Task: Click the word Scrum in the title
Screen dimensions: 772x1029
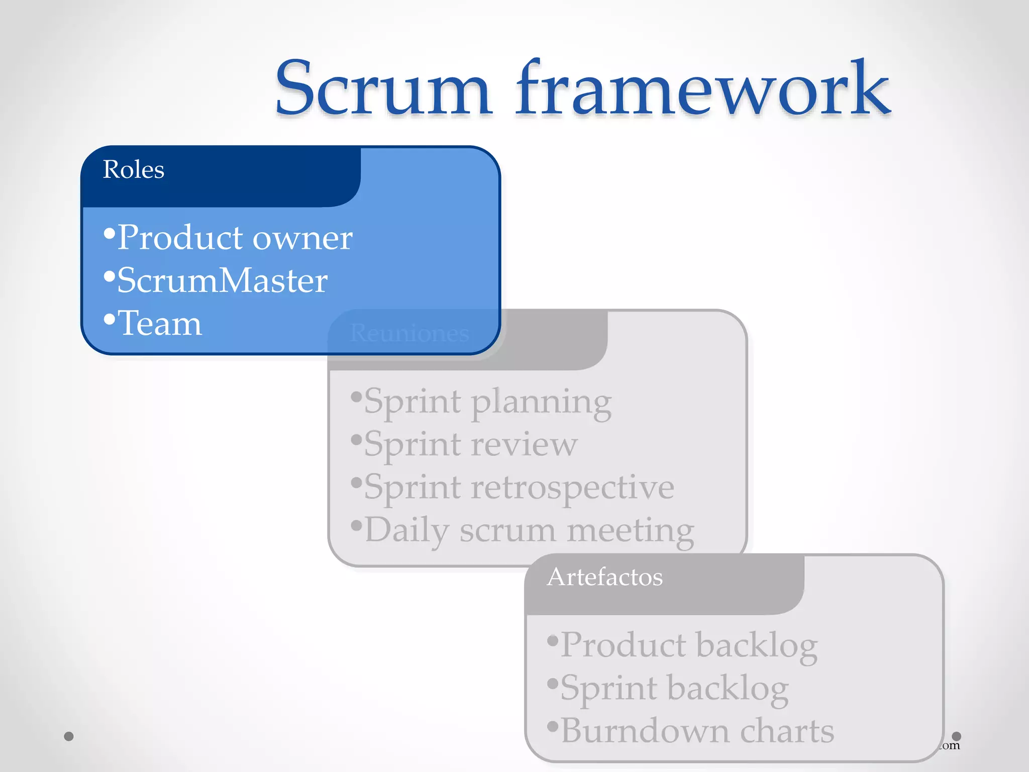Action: point(383,89)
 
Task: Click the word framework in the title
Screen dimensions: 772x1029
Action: point(703,89)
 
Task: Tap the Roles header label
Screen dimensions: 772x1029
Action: point(134,169)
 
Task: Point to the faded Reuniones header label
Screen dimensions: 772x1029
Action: point(409,333)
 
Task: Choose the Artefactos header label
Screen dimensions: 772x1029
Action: point(605,577)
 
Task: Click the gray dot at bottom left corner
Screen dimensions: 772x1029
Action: point(69,736)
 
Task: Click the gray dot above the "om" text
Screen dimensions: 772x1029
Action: point(957,736)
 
